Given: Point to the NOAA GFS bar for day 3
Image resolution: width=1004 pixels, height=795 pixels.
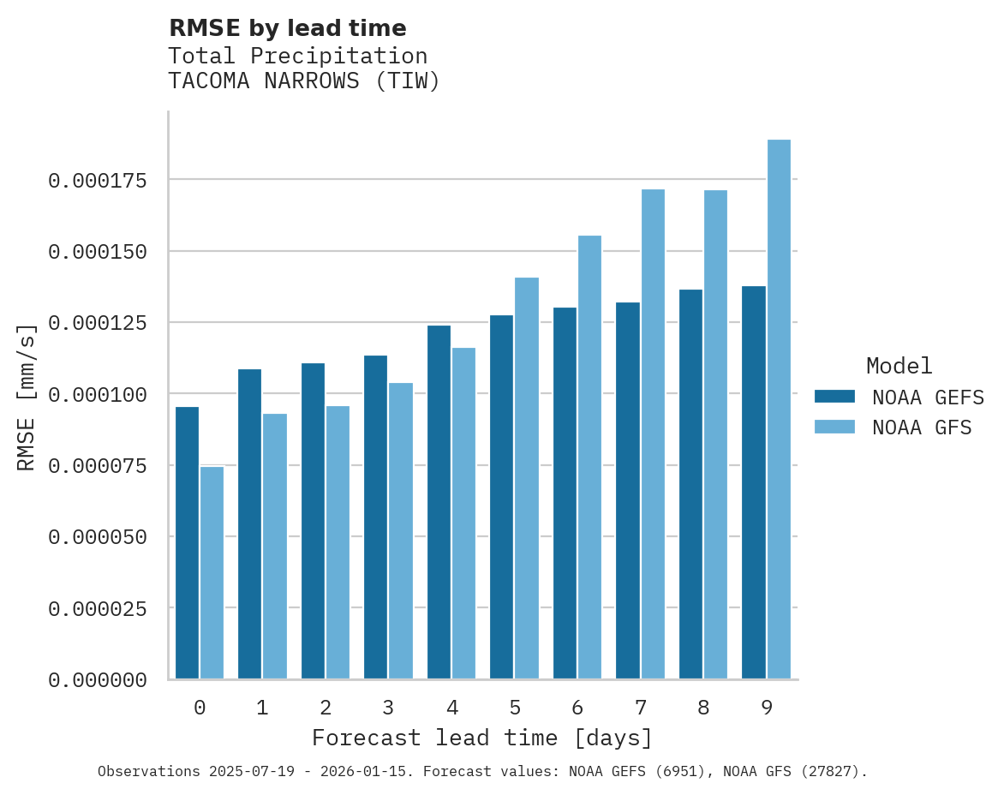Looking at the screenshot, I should pyautogui.click(x=401, y=530).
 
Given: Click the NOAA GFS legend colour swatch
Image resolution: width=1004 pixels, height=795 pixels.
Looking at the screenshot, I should pyautogui.click(x=834, y=427).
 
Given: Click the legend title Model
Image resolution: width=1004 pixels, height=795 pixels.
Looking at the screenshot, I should pyautogui.click(x=899, y=366).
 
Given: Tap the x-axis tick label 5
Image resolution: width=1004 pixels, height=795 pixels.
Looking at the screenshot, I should pyautogui.click(x=515, y=708).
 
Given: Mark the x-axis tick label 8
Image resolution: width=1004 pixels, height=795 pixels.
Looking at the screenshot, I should pyautogui.click(x=703, y=708).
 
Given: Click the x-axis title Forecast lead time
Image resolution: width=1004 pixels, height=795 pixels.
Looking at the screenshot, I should pyautogui.click(x=482, y=738).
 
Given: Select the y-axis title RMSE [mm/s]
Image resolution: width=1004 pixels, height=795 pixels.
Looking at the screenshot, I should pyautogui.click(x=27, y=397).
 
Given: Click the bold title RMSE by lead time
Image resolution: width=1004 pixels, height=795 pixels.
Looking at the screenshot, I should pyautogui.click(x=287, y=28).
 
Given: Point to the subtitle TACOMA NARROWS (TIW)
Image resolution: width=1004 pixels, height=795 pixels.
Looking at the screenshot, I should pyautogui.click(x=303, y=82).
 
